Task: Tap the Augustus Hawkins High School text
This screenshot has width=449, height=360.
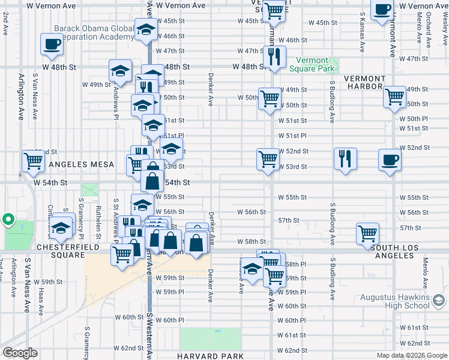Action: click(x=394, y=302)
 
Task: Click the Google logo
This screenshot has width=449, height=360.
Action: click(x=20, y=353)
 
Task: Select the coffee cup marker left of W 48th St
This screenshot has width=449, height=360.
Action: click(x=52, y=43)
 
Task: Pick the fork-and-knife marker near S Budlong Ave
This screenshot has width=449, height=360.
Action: click(x=345, y=159)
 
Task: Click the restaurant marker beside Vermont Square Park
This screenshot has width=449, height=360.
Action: click(x=274, y=57)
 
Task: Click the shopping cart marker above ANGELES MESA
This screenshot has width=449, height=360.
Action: click(x=33, y=161)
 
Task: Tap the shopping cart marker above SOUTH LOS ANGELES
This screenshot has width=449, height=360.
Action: click(x=367, y=235)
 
